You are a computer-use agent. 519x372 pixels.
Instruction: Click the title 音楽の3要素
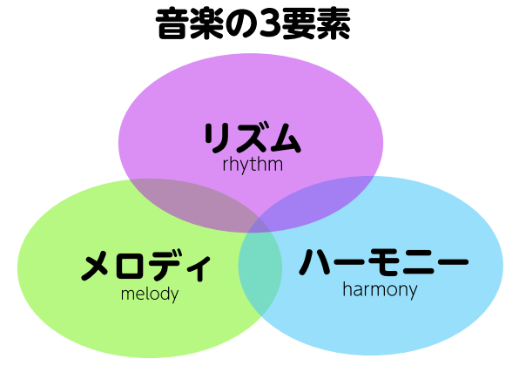(253, 24)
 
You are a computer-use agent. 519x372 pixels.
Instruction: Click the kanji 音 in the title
(172, 24)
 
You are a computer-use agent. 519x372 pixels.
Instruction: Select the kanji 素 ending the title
(334, 24)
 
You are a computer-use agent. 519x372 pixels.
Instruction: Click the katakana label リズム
(253, 138)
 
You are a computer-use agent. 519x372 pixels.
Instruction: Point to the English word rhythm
(253, 165)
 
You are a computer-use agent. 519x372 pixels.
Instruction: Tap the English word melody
(150, 294)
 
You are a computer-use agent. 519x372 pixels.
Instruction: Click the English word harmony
(380, 290)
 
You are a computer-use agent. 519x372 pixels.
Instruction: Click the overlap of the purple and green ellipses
(195, 202)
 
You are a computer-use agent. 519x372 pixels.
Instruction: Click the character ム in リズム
(284, 138)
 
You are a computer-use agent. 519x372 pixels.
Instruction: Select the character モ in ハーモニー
(385, 262)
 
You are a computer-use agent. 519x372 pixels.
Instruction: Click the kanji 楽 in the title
(206, 24)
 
